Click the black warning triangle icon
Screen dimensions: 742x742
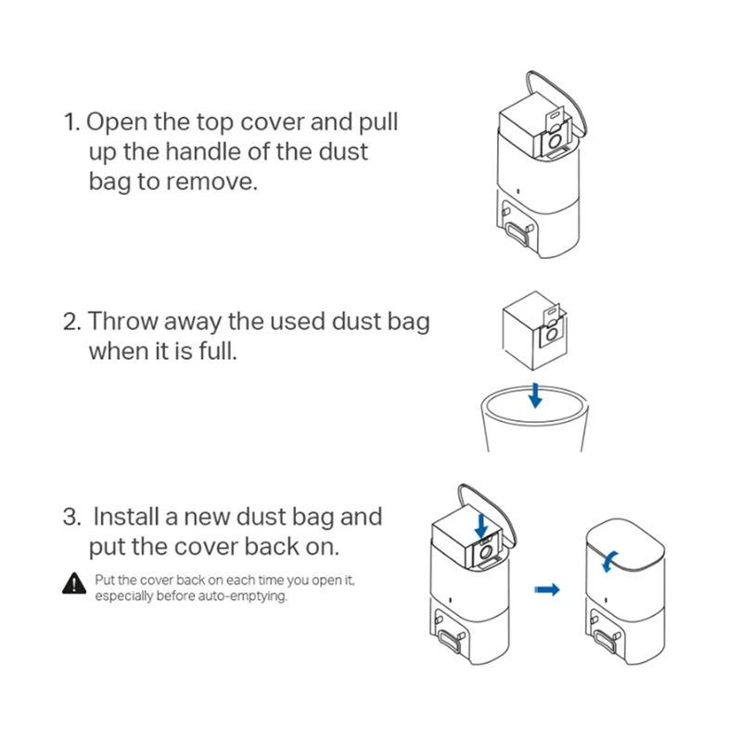pos(73,583)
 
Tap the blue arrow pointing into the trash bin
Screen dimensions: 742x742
pos(534,394)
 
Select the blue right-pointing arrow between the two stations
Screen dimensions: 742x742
pos(549,590)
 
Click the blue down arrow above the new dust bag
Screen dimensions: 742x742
pos(481,522)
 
